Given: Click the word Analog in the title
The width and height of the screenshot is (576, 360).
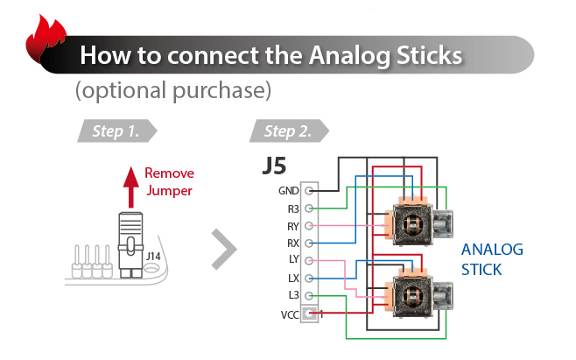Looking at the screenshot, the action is click(x=350, y=56).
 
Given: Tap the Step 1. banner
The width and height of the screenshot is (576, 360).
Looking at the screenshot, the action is click(x=116, y=131).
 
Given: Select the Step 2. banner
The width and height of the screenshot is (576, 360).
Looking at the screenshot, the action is click(x=289, y=131).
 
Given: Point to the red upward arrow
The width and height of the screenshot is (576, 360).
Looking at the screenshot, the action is click(x=130, y=187).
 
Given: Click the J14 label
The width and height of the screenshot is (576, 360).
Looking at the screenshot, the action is click(x=153, y=256).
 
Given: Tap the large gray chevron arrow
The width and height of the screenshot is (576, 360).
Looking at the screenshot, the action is click(x=224, y=250).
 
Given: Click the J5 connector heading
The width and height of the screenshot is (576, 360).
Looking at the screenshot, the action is click(x=274, y=166).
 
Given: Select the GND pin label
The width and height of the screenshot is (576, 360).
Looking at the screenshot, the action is click(x=288, y=191).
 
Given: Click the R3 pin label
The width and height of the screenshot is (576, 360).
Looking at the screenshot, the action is click(x=293, y=209).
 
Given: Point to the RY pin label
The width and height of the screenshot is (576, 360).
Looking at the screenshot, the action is click(x=292, y=227).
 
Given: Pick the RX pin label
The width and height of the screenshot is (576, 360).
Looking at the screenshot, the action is click(x=292, y=244).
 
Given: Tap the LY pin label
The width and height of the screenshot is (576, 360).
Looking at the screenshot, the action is click(x=293, y=259).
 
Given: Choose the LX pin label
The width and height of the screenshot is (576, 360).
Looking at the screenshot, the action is click(x=293, y=279).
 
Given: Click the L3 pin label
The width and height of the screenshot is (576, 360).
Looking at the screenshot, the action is click(x=294, y=295).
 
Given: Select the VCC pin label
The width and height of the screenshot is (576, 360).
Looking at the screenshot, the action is click(x=290, y=315).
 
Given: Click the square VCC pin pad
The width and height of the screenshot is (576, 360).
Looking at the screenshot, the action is click(x=309, y=314).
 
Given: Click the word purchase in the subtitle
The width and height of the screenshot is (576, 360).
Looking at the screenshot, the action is click(x=221, y=91).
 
